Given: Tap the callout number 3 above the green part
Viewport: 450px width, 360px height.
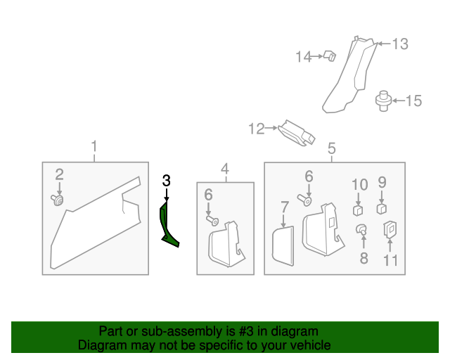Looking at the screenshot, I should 166,180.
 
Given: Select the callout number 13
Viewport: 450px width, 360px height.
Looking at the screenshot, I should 399,44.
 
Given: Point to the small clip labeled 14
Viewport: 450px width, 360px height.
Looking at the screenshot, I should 328,56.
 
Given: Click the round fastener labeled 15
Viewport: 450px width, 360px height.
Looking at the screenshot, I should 384,100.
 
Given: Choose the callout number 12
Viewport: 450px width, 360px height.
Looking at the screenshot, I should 257,129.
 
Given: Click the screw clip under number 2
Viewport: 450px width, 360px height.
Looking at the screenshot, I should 58,201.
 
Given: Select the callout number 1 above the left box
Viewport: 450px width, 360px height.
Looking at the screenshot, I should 94,147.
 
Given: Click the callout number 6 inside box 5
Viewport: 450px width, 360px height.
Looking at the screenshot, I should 308,176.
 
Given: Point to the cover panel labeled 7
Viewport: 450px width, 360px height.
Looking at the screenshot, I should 283,244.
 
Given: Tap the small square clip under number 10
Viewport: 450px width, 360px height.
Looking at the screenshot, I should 358,209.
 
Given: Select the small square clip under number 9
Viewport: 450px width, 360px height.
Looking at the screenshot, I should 382,207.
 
